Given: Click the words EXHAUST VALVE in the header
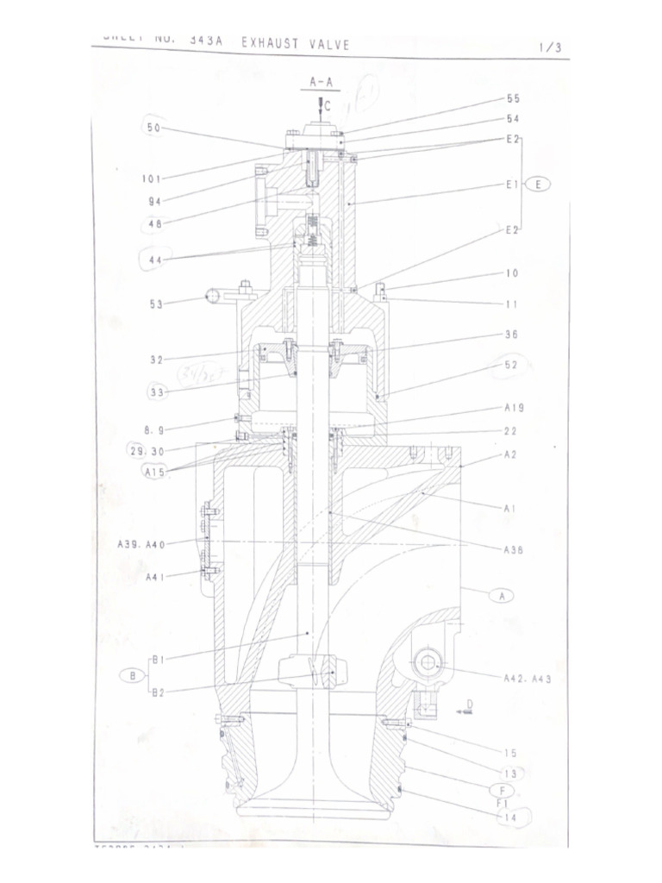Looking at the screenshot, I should pyautogui.click(x=295, y=45).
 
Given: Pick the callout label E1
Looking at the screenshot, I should pyautogui.click(x=512, y=185).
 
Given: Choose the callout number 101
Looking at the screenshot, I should pyautogui.click(x=152, y=179).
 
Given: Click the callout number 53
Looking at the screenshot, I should pyautogui.click(x=155, y=304).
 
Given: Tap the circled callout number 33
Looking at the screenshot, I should pyautogui.click(x=157, y=391).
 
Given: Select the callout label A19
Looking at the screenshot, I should pyautogui.click(x=514, y=408).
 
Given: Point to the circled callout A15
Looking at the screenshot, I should pyautogui.click(x=156, y=471).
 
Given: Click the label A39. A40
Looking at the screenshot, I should pyautogui.click(x=141, y=544).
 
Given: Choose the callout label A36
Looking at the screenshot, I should pyautogui.click(x=514, y=549).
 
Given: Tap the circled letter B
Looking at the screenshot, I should pyautogui.click(x=132, y=675).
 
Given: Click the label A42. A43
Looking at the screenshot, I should pyautogui.click(x=527, y=679).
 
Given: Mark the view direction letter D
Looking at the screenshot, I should pyautogui.click(x=470, y=705).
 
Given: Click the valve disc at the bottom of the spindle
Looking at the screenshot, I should pyautogui.click(x=311, y=793).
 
